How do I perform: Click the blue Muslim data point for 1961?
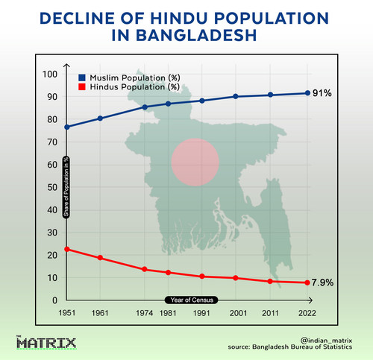100,119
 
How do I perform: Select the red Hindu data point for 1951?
67,249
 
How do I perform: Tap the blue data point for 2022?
307,93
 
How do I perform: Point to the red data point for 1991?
202,277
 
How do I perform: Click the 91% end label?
322,93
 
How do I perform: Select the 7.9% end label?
322,282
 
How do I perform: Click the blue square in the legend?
82,78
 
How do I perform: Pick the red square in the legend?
82,86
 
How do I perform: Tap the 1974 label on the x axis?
144,313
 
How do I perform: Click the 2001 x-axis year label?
238,313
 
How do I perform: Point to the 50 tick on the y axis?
52,187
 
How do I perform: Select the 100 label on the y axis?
50,74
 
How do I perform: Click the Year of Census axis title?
192,300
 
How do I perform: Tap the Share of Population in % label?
66,187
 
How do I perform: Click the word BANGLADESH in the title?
184,35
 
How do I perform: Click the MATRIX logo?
46,343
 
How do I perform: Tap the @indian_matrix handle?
326,341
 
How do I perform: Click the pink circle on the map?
195,162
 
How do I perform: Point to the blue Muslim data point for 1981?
168,104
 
